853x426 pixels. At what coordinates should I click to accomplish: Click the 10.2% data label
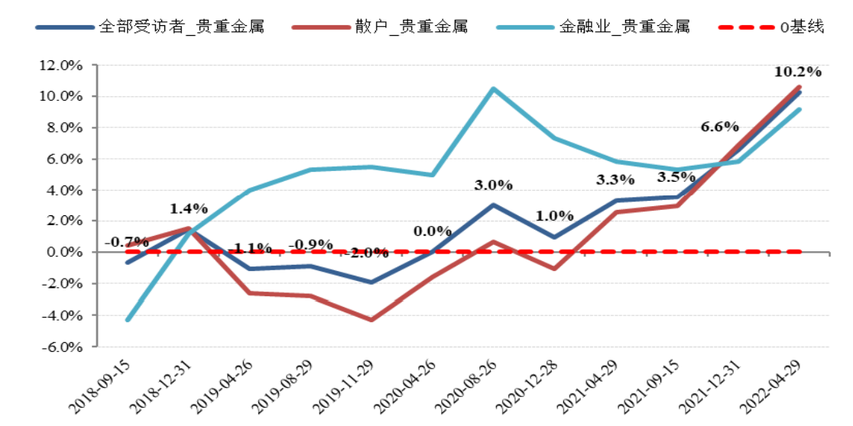[797, 73]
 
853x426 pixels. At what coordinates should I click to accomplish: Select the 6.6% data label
[720, 127]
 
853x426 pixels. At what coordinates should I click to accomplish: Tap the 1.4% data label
[189, 208]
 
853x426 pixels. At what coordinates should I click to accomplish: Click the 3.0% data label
[493, 185]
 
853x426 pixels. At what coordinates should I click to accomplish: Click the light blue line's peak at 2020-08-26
[494, 89]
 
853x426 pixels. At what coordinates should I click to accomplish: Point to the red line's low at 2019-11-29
[371, 320]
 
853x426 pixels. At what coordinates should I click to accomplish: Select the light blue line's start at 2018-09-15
[128, 320]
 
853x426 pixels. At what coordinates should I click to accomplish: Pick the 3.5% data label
[676, 178]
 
